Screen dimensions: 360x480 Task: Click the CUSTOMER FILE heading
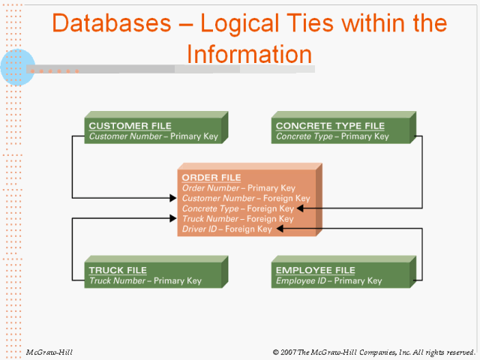[130, 126]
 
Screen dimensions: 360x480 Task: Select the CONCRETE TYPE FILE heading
[330, 126]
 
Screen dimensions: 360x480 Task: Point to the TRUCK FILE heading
[117, 270]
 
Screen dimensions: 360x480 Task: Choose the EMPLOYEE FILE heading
[315, 270]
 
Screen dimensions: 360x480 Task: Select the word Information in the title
[249, 54]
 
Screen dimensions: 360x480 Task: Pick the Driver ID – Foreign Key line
[226, 229]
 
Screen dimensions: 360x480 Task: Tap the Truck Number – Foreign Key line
[238, 219]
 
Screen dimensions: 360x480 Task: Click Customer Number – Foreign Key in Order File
[245, 198]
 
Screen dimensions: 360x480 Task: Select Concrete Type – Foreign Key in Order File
[238, 208]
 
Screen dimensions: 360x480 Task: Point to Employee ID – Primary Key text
[328, 281]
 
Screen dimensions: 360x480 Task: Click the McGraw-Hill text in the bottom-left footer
[49, 352]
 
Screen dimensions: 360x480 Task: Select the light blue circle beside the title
[18, 66]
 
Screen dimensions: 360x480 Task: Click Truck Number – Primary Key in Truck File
[145, 281]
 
